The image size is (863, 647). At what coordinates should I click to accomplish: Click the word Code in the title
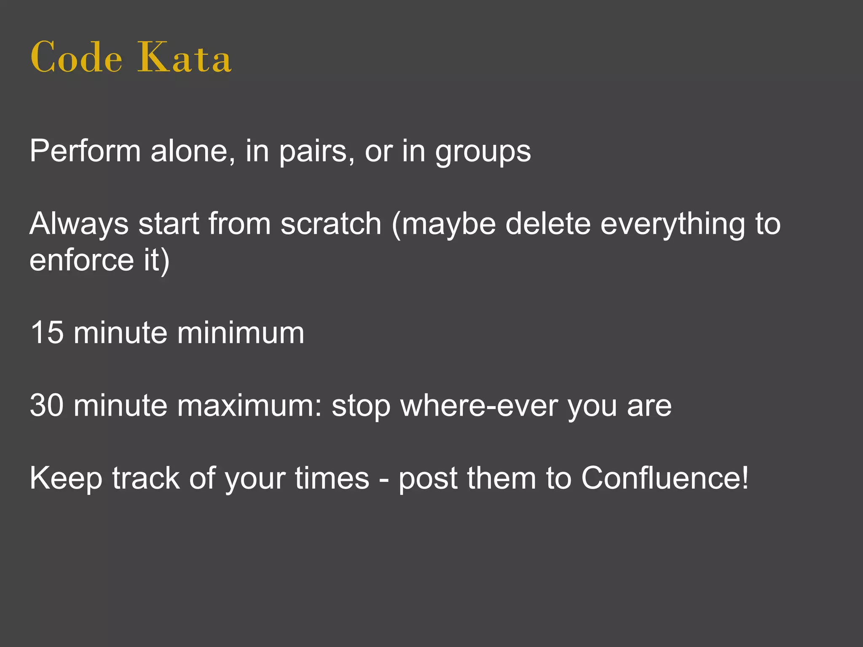pos(76,57)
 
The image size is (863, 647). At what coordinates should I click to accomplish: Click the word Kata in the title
pos(185,57)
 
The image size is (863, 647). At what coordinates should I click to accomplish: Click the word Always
pos(79,224)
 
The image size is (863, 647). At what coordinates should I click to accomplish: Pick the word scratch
pos(331,224)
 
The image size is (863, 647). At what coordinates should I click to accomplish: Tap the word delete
pos(548,224)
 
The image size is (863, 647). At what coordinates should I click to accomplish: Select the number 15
pos(47,333)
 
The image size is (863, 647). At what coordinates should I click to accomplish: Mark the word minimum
pos(240,333)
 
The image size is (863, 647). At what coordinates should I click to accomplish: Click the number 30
pos(47,405)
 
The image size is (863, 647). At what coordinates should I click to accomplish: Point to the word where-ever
pos(479,405)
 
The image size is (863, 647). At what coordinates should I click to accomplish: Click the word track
pos(146,478)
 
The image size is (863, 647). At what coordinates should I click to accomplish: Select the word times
pos(332,478)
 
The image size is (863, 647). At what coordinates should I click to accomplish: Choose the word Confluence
pos(665,478)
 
